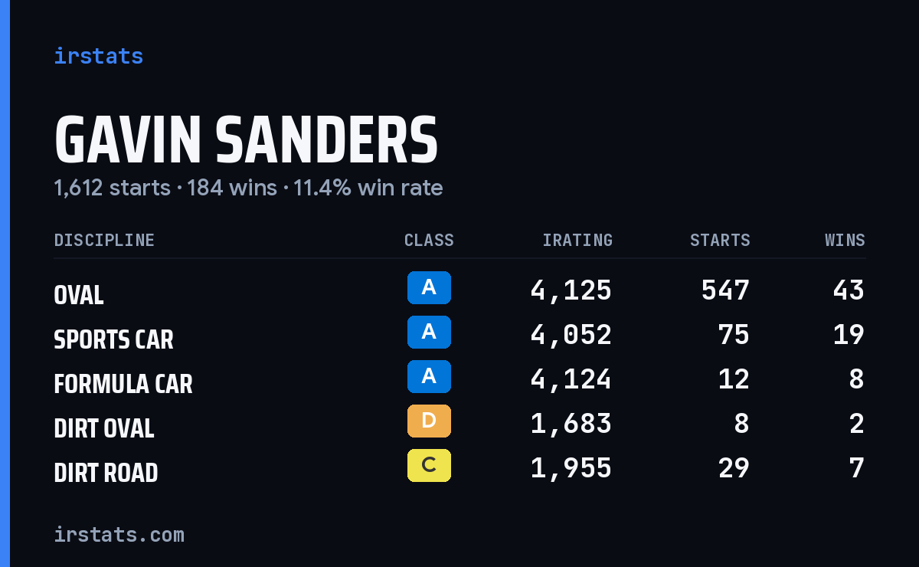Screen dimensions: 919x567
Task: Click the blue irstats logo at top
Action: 99,56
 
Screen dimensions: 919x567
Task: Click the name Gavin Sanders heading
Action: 246,139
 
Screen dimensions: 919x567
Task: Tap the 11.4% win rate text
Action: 368,188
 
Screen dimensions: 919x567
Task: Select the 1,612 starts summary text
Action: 112,188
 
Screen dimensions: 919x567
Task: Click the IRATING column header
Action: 577,240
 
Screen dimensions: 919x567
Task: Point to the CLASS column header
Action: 429,240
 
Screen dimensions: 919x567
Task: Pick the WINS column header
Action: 845,240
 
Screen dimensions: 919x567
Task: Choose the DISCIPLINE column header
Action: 104,240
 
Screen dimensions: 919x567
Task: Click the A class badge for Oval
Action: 429,287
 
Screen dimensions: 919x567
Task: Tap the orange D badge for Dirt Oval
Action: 429,421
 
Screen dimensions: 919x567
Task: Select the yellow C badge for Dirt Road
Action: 429,465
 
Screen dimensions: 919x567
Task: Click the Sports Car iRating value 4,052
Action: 571,335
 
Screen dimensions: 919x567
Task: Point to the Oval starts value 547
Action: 725,290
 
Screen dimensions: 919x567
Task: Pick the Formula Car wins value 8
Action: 857,379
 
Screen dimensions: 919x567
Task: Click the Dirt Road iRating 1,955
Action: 571,468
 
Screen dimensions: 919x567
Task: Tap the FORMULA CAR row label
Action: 123,384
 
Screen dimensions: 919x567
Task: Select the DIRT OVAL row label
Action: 104,428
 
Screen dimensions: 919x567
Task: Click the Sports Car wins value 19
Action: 849,335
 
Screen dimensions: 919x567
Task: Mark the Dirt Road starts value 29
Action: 734,468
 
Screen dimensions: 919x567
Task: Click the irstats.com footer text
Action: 119,535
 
